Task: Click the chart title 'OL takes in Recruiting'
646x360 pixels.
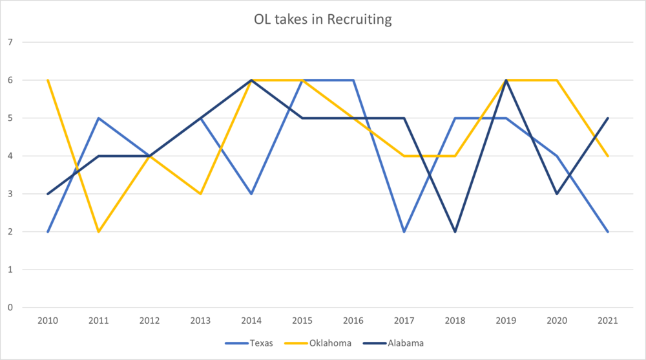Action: (x=323, y=19)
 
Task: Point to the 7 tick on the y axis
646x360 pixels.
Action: (x=10, y=43)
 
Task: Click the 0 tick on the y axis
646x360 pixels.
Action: (x=10, y=308)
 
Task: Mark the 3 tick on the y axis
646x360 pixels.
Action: (x=10, y=194)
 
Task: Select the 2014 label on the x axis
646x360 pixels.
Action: (x=251, y=321)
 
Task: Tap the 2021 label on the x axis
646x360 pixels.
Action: (x=608, y=321)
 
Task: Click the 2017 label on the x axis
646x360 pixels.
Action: (x=404, y=321)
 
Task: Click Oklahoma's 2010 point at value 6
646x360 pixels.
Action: (x=48, y=80)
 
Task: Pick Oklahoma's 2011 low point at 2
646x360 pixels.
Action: (x=99, y=231)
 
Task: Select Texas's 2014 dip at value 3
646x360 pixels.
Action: (x=251, y=194)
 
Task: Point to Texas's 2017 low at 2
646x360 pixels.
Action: (x=404, y=231)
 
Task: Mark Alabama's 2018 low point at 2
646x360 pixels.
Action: (x=455, y=231)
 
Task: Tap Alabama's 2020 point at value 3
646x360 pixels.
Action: (x=557, y=194)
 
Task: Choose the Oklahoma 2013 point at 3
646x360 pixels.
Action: (x=200, y=194)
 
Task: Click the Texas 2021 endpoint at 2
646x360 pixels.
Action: (x=608, y=231)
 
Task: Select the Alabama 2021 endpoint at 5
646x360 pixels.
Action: (x=608, y=118)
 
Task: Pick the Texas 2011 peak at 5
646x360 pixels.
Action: (x=99, y=118)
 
